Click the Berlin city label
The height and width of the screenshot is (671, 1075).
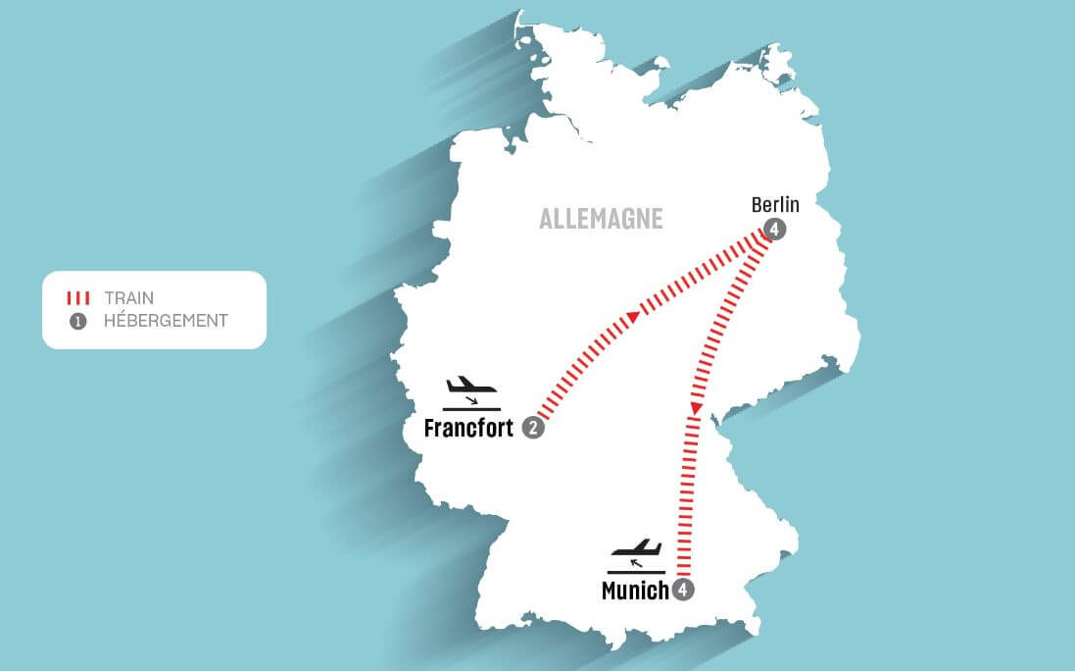click(775, 205)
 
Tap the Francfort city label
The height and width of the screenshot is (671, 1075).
click(468, 429)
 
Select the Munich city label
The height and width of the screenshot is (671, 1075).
click(635, 591)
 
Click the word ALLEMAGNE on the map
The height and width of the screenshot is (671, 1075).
click(601, 218)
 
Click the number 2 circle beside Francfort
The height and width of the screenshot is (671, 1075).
click(533, 428)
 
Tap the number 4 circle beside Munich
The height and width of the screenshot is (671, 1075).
click(684, 590)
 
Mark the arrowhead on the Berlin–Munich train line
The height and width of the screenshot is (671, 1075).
click(696, 407)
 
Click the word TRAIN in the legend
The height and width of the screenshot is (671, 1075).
click(128, 298)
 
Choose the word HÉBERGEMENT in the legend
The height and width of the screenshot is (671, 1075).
click(166, 321)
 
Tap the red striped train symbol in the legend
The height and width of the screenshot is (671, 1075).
click(79, 298)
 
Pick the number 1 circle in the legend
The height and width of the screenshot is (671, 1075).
click(79, 321)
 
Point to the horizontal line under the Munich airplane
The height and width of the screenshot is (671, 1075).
click(636, 572)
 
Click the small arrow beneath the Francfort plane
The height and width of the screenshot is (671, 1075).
click(471, 400)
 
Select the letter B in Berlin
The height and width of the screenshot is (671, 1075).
click(757, 205)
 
